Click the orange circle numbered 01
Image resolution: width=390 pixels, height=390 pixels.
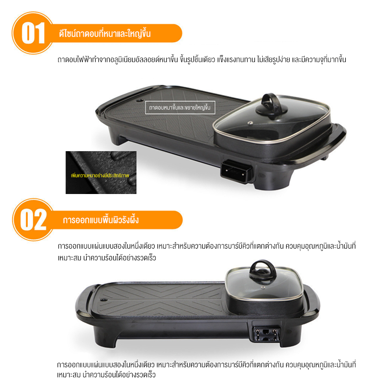tap(32, 33)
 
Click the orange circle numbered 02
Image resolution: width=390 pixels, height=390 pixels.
tap(33, 220)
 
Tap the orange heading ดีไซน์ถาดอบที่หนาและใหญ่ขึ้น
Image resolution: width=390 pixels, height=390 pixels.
tap(105, 33)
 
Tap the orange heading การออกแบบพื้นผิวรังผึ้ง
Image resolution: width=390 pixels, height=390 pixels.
tap(101, 220)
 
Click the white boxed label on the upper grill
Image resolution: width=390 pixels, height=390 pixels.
tap(180, 107)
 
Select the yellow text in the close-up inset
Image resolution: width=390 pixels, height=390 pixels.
tap(100, 175)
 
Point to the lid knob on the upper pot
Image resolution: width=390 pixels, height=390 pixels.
tap(272, 104)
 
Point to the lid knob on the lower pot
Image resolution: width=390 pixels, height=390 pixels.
tap(263, 271)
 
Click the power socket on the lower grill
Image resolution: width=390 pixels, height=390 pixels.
tap(266, 333)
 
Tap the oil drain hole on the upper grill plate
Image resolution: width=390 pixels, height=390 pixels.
tap(139, 100)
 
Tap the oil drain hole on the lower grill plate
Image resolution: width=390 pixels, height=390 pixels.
tap(104, 300)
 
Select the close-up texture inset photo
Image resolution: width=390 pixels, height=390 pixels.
tap(101, 173)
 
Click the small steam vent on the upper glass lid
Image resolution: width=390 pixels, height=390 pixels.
tap(251, 123)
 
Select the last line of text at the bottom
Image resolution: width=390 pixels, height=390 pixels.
tap(106, 374)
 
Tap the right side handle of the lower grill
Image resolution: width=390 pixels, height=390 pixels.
tap(313, 303)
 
